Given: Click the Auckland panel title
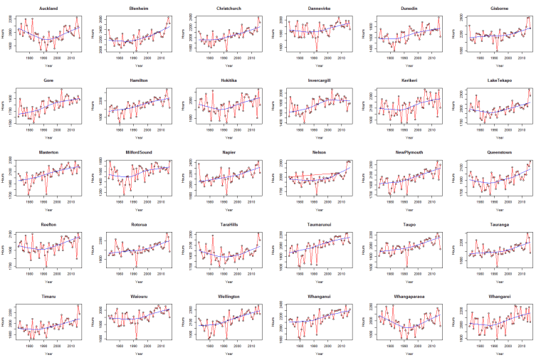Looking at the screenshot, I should [x=48, y=9].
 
